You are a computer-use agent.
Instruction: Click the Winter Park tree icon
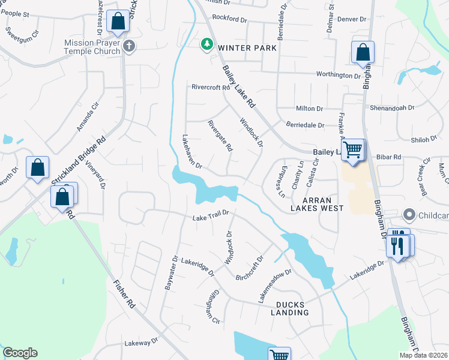[x=207, y=44]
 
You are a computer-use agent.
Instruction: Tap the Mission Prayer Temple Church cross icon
[x=128, y=46]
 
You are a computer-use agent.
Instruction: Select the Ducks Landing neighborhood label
[x=289, y=308]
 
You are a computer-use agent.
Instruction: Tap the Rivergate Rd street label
[x=220, y=136]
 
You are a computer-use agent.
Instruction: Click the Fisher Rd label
[x=124, y=295]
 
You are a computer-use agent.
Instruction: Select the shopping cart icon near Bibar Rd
[x=354, y=149]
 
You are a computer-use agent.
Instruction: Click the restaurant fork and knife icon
[x=397, y=245]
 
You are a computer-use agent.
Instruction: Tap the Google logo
[x=20, y=353]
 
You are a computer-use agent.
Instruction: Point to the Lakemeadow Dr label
[x=274, y=284]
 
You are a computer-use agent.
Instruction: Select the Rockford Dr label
[x=229, y=19]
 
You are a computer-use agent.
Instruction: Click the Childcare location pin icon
[x=409, y=214]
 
